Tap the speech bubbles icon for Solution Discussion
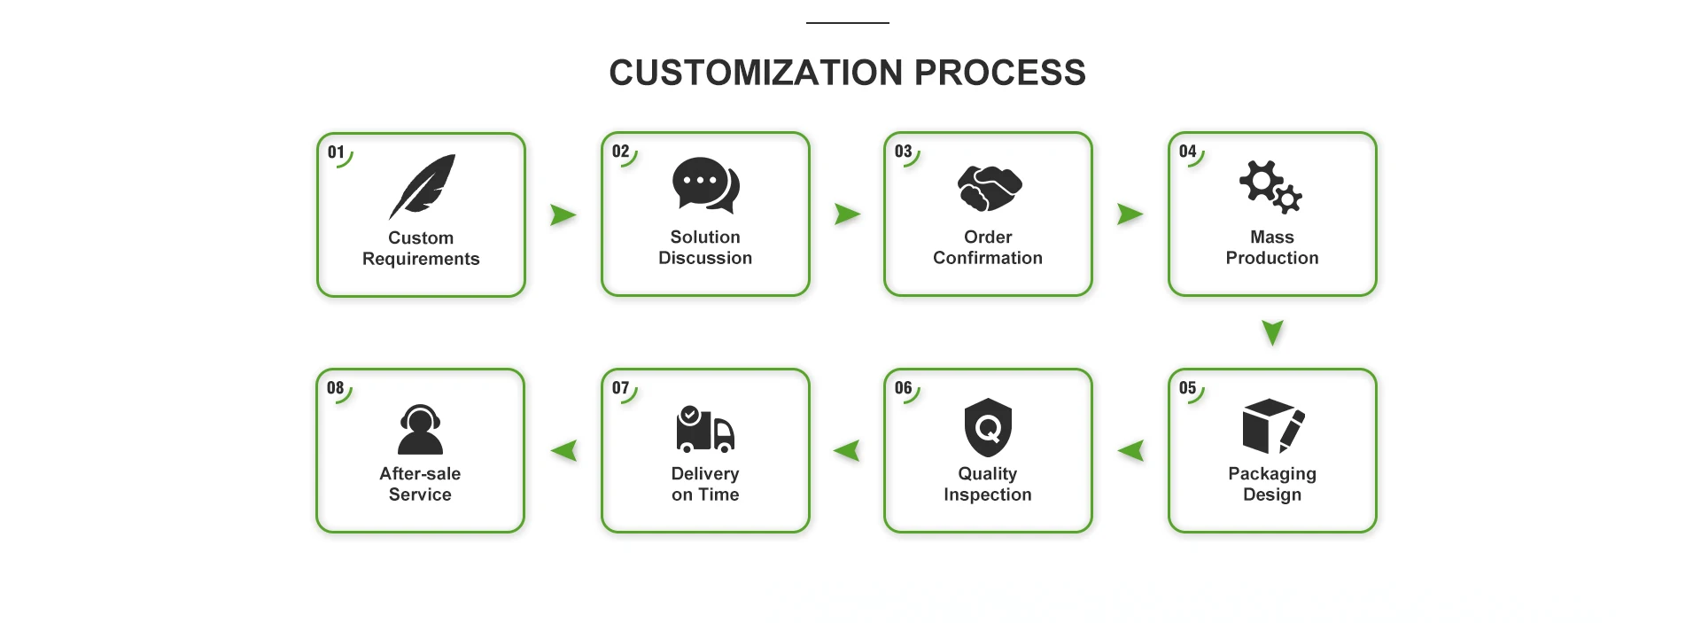[705, 185]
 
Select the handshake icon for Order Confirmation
[989, 188]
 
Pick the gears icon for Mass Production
[1270, 187]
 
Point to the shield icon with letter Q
[988, 427]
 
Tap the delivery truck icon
[705, 429]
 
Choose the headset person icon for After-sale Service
[420, 430]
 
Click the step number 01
[336, 152]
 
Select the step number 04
[1187, 152]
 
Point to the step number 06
[903, 388]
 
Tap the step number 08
[335, 388]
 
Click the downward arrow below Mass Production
[1272, 333]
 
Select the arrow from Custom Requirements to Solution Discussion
[563, 215]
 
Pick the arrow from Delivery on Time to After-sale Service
[564, 451]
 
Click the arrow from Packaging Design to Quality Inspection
[1131, 451]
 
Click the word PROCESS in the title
[999, 73]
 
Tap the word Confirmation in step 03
[988, 258]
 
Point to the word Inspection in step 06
[988, 495]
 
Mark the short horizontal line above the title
[848, 23]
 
